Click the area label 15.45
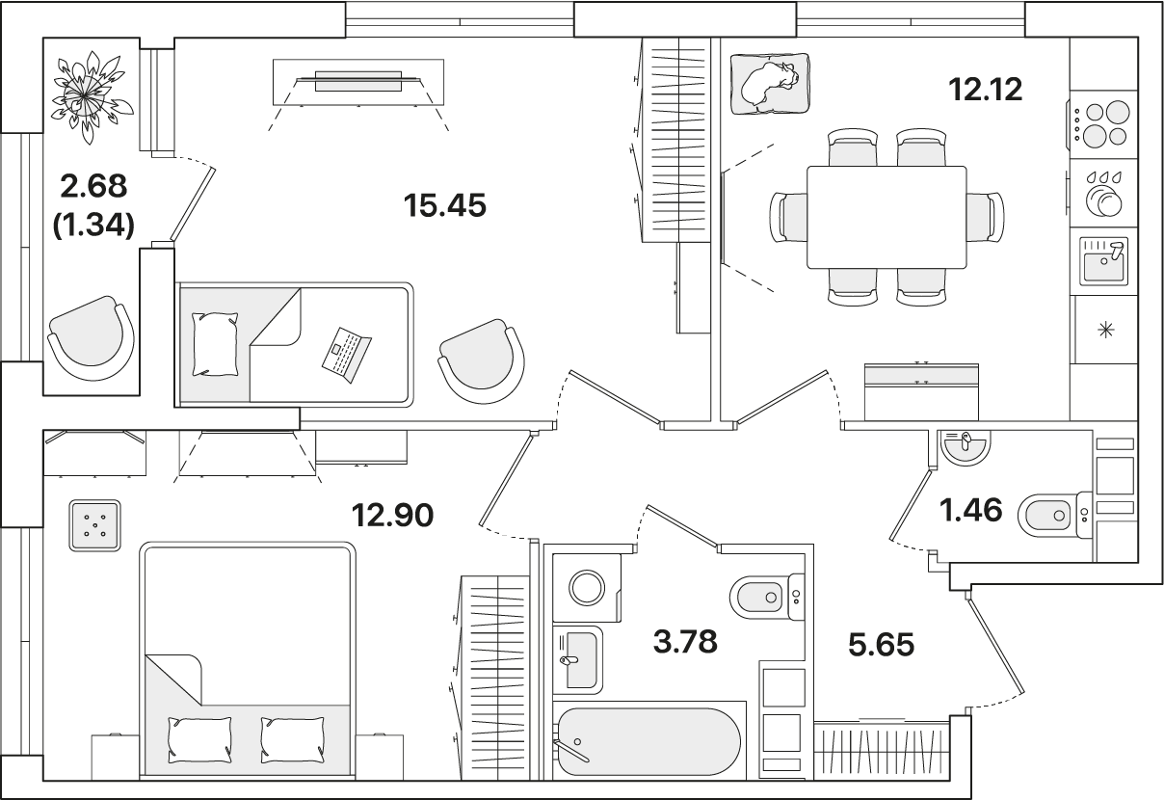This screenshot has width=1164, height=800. (x=445, y=205)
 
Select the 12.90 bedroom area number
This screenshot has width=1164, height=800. (x=392, y=515)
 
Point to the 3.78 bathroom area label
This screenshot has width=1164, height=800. (x=685, y=642)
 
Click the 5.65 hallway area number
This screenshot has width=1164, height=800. (x=882, y=645)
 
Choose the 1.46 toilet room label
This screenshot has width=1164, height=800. (x=970, y=510)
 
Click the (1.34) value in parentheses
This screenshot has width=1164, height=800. (x=94, y=226)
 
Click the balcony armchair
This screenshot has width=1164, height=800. (x=91, y=338)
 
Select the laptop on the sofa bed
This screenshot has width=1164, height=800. (x=346, y=355)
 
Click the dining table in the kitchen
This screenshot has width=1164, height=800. (x=886, y=217)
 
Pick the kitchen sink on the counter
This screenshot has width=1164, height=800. (x=1103, y=261)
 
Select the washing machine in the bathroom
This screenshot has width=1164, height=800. (x=587, y=588)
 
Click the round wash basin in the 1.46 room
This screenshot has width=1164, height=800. (x=965, y=448)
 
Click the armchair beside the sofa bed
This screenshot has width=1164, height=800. (x=481, y=361)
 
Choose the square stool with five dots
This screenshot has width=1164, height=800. (x=95, y=525)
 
